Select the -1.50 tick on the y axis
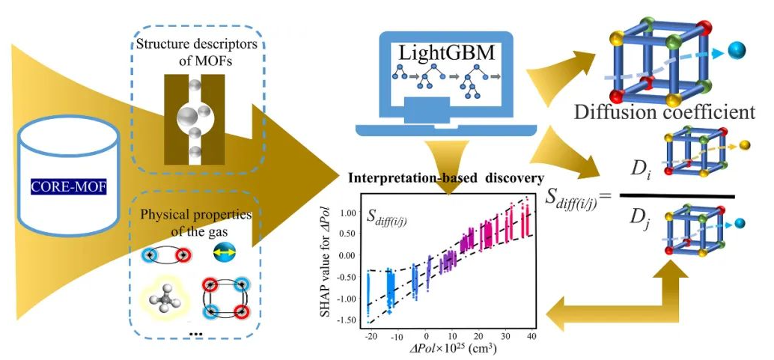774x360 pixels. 344,320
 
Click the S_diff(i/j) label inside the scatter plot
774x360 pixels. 391,218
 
